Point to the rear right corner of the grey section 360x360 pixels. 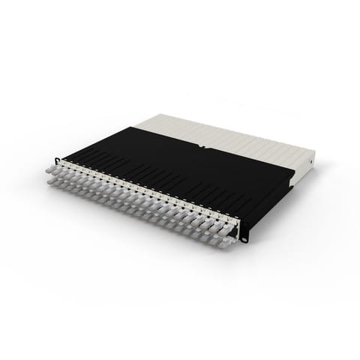[314, 151]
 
